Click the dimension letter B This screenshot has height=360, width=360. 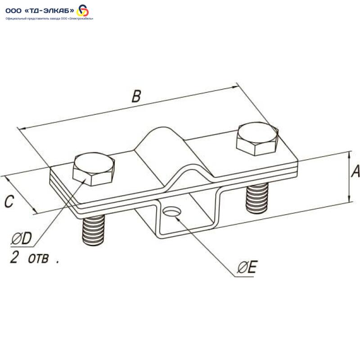(x=136, y=96)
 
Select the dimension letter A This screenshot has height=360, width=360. (x=355, y=171)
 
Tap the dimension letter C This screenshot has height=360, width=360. (x=9, y=201)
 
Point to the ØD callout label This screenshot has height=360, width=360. (x=22, y=238)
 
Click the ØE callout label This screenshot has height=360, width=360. (x=247, y=267)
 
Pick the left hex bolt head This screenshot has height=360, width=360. (x=94, y=169)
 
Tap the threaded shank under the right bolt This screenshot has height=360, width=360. (x=257, y=198)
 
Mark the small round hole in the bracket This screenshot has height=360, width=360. (x=172, y=211)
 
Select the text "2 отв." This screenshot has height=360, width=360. (x=35, y=257)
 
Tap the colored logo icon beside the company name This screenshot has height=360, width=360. (x=83, y=10)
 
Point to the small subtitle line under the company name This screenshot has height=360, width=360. (x=49, y=18)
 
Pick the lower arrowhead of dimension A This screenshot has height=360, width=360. (x=350, y=199)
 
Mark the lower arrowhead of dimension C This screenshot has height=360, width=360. (x=35, y=211)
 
